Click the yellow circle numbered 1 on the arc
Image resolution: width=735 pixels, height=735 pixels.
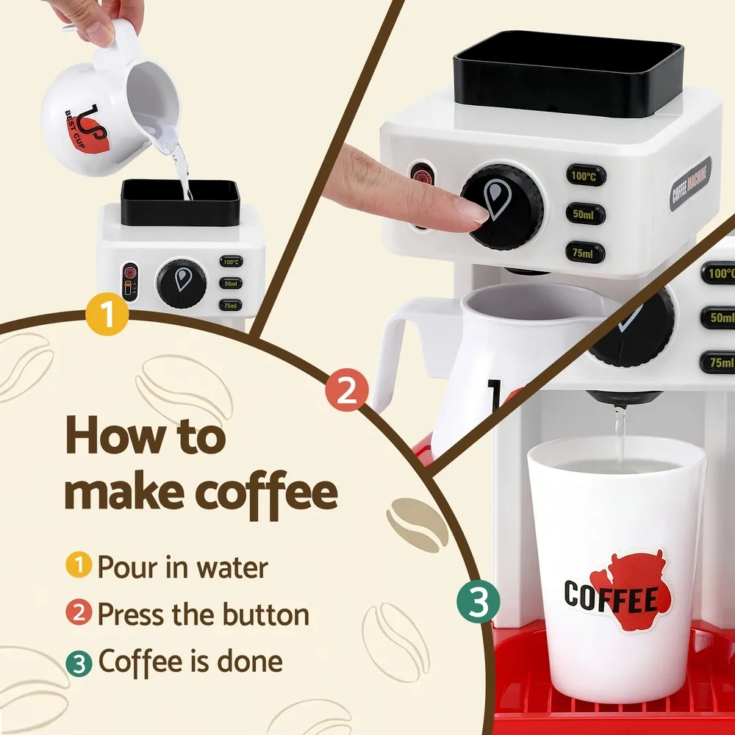(x=107, y=315)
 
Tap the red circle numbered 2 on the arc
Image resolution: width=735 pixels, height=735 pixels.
(x=347, y=392)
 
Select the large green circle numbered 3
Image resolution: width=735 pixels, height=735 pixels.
(x=478, y=603)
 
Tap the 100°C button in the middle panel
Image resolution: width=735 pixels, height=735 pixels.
(x=586, y=176)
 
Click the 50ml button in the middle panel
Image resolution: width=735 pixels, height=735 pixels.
(x=586, y=214)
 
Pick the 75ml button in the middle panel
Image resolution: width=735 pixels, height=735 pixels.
(x=586, y=252)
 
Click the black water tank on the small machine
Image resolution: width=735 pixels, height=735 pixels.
(x=180, y=202)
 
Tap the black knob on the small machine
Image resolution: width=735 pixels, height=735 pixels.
(x=181, y=283)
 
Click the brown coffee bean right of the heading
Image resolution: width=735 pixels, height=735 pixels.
(x=417, y=524)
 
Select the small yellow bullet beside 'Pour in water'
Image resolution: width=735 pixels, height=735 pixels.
(x=79, y=567)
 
